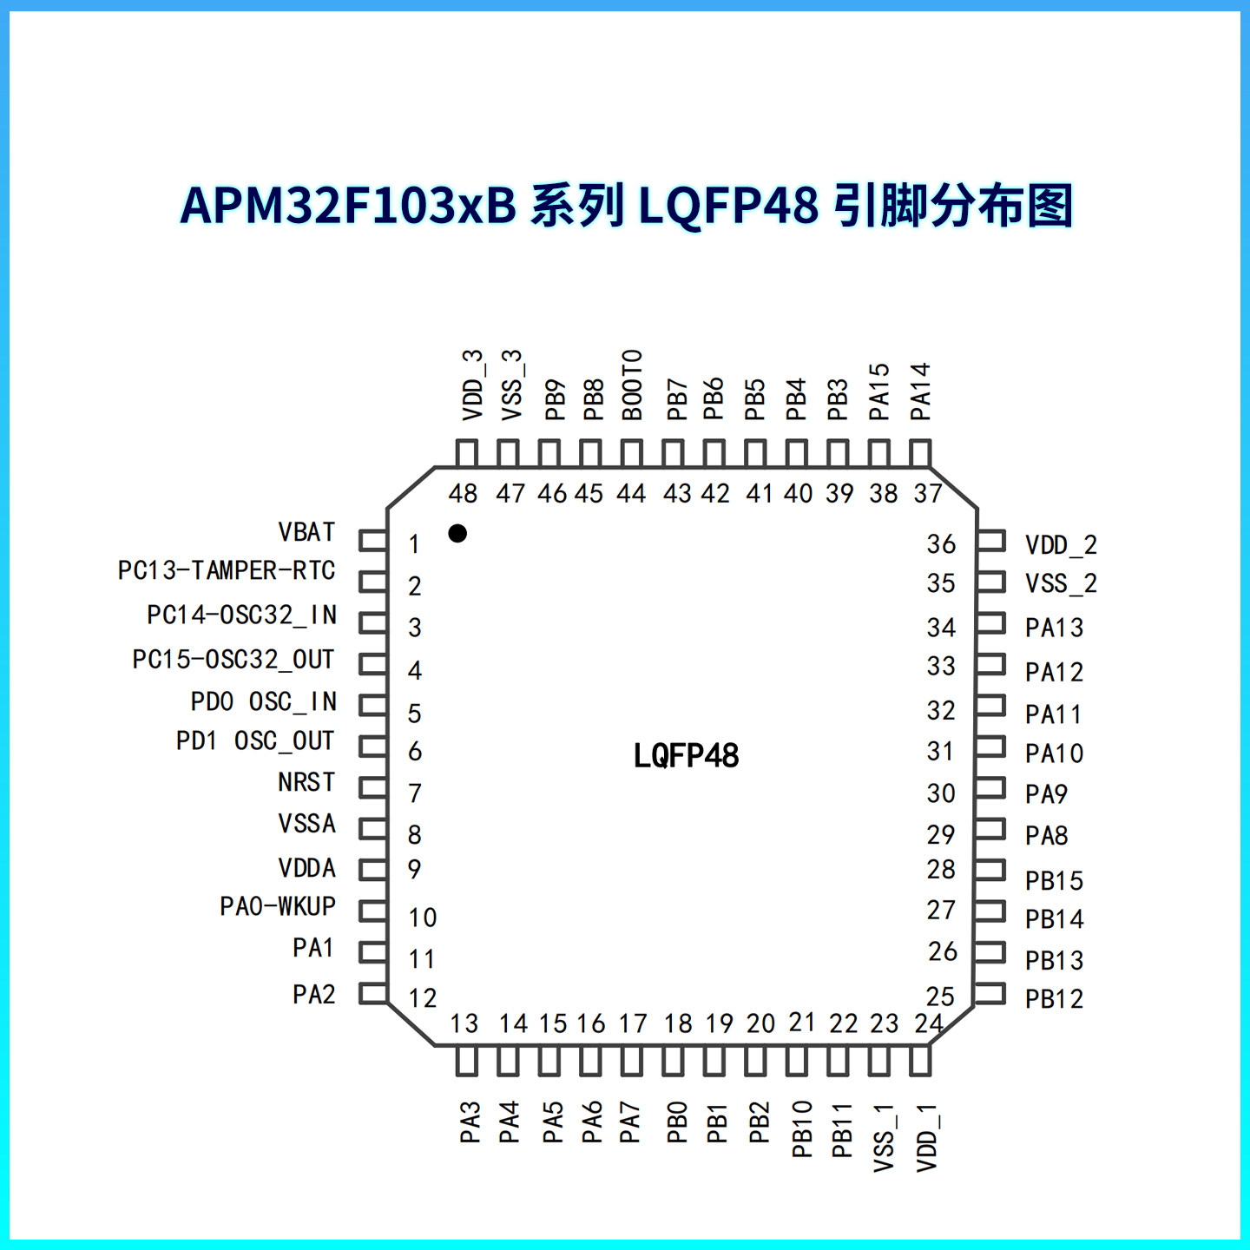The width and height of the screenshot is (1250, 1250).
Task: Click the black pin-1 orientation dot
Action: [x=457, y=533]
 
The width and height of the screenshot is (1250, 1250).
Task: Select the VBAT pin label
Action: [x=306, y=531]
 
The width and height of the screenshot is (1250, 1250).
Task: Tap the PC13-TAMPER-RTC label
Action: [x=227, y=570]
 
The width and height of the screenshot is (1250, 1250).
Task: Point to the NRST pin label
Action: [x=306, y=782]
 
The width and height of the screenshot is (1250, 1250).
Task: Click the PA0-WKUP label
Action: [x=278, y=906]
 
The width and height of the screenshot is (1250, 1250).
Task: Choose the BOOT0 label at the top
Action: [x=632, y=385]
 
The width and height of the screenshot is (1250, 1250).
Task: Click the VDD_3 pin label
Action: [x=472, y=385]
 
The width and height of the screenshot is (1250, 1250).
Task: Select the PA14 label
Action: [x=920, y=391]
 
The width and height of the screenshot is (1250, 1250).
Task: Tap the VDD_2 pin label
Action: [x=1061, y=545]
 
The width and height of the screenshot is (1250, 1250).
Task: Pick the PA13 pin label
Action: [x=1054, y=628]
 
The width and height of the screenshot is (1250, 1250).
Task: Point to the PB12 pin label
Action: [x=1054, y=999]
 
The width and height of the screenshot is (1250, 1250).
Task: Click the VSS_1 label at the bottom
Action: [x=884, y=1137]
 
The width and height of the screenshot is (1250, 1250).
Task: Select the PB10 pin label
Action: [x=802, y=1128]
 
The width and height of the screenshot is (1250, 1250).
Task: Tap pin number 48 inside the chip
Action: [x=464, y=494]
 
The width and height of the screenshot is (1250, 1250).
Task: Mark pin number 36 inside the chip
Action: [x=941, y=544]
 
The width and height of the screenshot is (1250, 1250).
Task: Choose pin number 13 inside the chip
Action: [x=464, y=1023]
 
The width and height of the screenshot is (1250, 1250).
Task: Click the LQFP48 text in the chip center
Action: [x=686, y=756]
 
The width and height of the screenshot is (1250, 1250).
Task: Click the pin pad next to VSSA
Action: [x=373, y=827]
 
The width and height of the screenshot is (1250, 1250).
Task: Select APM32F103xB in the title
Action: [x=347, y=206]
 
